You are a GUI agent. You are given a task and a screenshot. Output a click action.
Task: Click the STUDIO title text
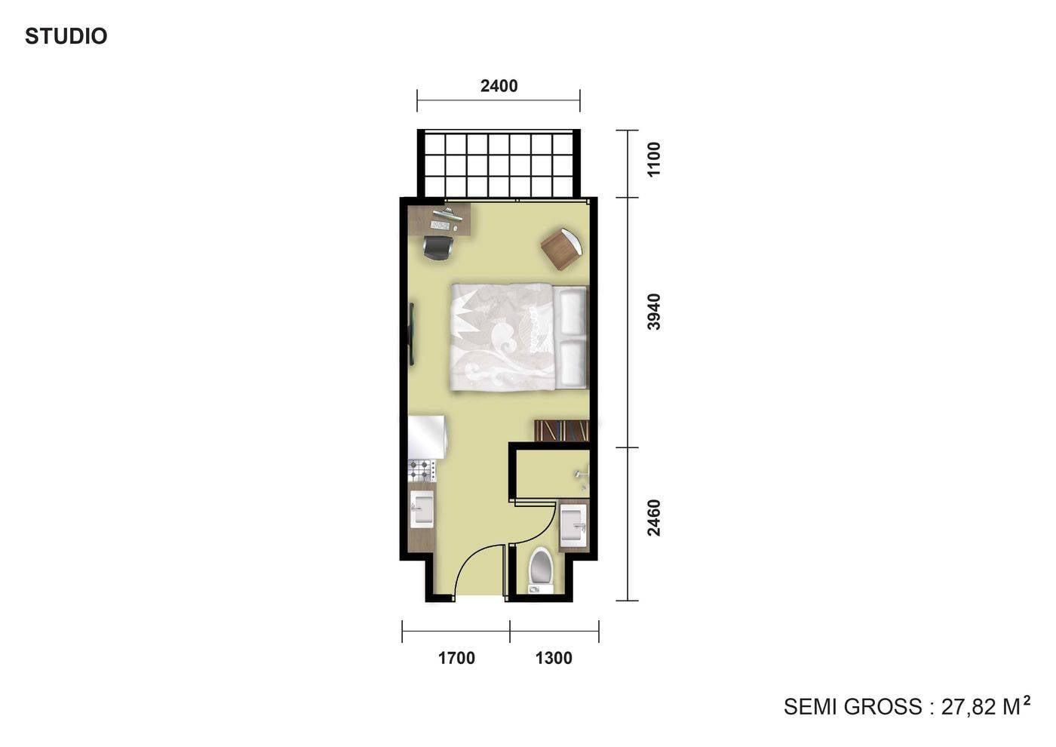(66, 36)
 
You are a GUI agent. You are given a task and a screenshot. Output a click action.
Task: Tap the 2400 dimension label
(499, 86)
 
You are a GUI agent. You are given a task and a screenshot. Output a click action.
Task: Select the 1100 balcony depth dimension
(654, 159)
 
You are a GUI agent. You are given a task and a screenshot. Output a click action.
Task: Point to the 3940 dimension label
(654, 312)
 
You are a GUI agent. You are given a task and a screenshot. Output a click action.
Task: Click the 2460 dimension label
(654, 518)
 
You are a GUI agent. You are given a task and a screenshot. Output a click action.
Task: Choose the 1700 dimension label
(456, 658)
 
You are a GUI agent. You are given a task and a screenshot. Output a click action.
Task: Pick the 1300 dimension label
(554, 658)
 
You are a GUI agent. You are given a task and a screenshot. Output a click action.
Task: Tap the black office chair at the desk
(438, 247)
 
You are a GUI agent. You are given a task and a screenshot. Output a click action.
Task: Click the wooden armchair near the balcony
(561, 249)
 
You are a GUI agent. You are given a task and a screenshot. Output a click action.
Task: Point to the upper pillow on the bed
(572, 312)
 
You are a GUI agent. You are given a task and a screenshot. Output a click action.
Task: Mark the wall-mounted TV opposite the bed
(412, 334)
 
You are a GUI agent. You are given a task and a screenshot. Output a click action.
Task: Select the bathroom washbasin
(573, 523)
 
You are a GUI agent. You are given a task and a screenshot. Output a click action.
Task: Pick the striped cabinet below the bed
(562, 430)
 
